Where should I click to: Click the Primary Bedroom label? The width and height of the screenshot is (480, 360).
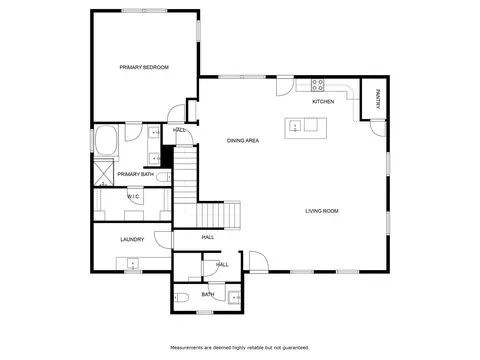point(144,67)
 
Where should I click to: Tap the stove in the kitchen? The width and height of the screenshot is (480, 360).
point(317,85)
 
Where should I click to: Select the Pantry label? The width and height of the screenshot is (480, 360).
point(378,99)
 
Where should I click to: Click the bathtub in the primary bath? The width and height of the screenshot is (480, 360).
point(106,140)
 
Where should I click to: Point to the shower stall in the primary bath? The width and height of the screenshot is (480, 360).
point(104,173)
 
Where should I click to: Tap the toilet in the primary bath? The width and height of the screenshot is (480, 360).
point(164,177)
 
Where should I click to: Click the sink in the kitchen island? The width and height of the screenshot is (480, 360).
point(295,126)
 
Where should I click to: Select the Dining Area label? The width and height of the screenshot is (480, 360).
point(243,141)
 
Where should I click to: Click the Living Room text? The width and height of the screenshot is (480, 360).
point(322,211)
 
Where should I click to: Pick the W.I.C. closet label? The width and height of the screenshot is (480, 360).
point(133,197)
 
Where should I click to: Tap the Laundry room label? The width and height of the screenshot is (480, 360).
point(132,239)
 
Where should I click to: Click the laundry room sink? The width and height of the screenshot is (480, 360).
point(133,264)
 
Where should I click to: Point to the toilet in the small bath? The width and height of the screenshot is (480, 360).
point(182,297)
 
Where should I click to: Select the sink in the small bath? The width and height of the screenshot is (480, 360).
point(235,297)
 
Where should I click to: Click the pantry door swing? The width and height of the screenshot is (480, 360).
point(378,128)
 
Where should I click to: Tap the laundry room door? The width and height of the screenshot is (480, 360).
point(163,240)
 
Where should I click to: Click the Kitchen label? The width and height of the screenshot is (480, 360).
point(323,101)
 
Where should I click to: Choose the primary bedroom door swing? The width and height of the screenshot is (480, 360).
point(176,113)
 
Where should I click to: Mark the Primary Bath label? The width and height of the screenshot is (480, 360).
point(136,174)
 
